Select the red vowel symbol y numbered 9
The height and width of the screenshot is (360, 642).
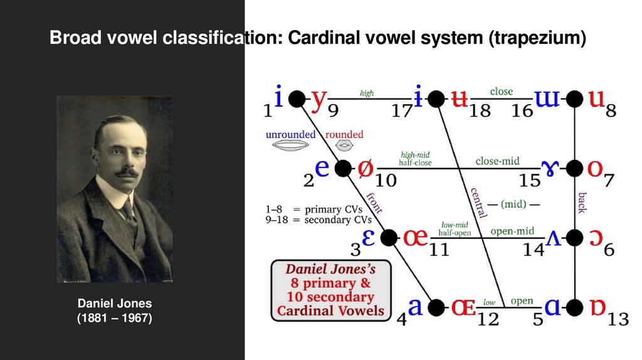tap(320, 99)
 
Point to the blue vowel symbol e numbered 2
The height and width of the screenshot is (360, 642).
tap(322, 168)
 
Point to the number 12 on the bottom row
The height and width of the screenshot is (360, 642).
tap(487, 319)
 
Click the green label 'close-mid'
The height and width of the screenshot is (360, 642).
tap(497, 161)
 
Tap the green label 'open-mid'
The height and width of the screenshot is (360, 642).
tap(512, 231)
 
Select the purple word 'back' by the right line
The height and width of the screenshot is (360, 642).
tap(581, 203)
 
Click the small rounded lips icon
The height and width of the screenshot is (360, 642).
tap(344, 145)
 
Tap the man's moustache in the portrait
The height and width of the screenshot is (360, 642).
tap(125, 171)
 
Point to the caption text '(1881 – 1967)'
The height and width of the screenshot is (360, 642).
tap(114, 319)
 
